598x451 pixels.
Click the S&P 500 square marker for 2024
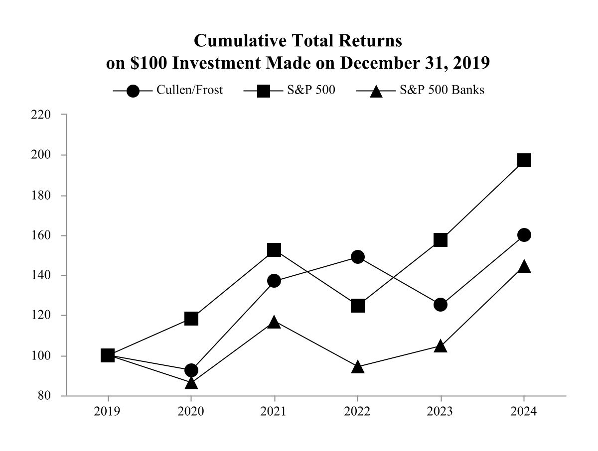coord(524,160)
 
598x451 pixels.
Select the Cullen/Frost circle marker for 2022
coord(357,257)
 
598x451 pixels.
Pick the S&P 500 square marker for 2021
coord(274,250)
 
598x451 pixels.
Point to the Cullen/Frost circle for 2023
coord(441,305)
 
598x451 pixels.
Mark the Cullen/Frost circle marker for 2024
coord(524,235)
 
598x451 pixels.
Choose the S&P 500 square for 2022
coord(357,306)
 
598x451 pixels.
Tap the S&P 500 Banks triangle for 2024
coord(524,267)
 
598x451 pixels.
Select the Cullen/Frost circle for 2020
coord(191,370)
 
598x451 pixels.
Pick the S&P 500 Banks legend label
coord(442,91)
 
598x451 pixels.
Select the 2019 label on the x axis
coord(108,412)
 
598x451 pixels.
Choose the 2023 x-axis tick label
coord(441,412)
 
